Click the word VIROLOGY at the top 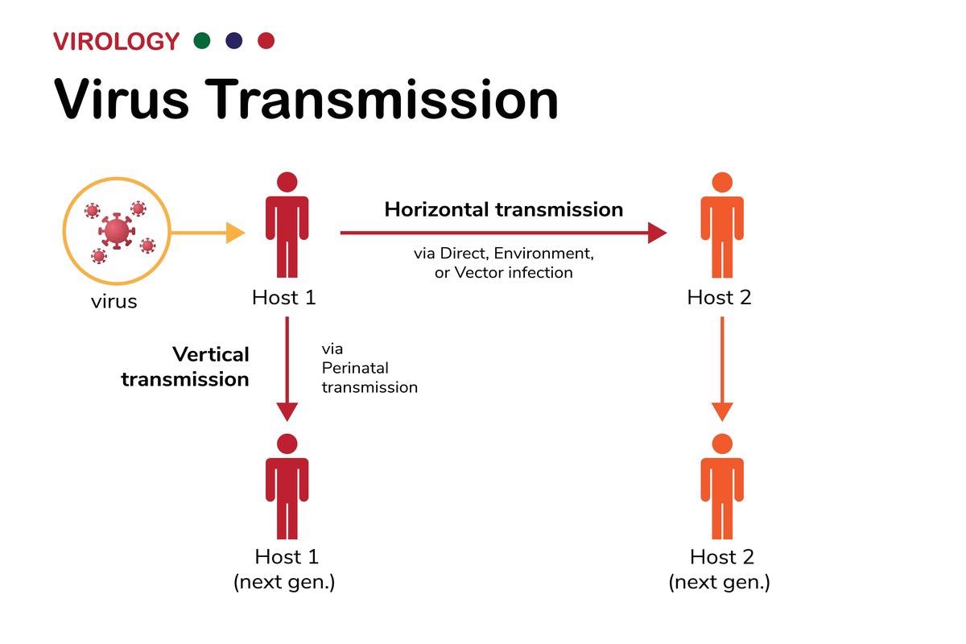point(116,41)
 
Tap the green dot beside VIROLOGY point(202,40)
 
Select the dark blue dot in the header point(234,40)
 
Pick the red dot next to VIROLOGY point(266,40)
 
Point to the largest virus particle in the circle point(117,231)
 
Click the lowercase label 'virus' point(114,303)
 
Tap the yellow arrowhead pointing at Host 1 point(235,233)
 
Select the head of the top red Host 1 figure point(287,182)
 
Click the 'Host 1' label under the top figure point(284,297)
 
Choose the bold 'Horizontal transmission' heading point(503,210)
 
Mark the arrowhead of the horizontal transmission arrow point(657,233)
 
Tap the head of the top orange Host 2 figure point(722,182)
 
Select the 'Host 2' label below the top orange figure point(719,297)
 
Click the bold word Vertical point(211,354)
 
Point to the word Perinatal point(355,368)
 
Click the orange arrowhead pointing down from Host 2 point(722,411)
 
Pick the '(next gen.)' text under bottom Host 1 point(284,581)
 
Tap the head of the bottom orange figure point(722,444)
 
